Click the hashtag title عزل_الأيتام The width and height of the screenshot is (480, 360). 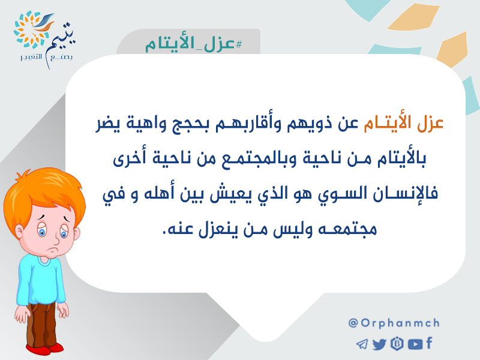[x=193, y=44]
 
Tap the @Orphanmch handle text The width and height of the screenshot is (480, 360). [x=394, y=323]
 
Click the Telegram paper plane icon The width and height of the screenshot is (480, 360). [x=362, y=344]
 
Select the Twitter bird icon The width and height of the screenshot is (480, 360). [x=380, y=344]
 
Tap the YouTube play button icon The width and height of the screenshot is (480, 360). [x=415, y=344]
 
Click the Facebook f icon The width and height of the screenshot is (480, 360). [x=429, y=343]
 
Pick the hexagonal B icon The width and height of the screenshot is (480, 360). [x=397, y=344]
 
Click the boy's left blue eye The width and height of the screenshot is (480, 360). [x=42, y=231]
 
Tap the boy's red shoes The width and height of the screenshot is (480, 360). [x=45, y=349]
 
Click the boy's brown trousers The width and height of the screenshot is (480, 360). [x=41, y=325]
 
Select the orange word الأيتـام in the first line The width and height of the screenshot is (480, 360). [x=387, y=123]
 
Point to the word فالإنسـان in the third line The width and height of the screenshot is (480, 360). [x=406, y=193]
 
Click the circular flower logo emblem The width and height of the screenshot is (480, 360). [x=31, y=29]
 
